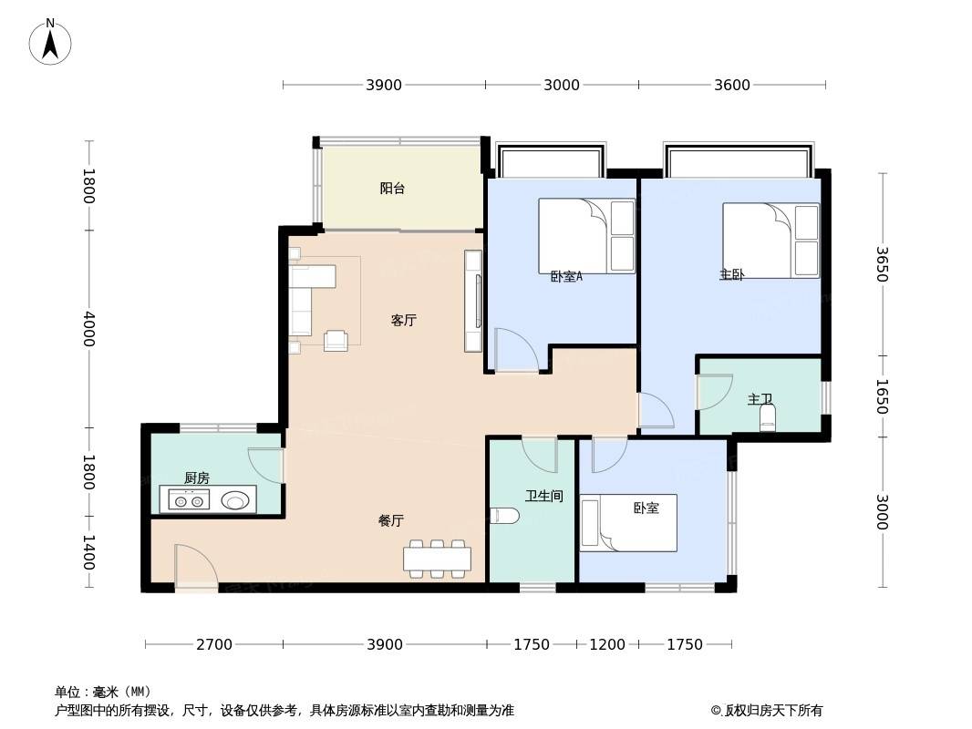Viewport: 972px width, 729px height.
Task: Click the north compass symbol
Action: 50,42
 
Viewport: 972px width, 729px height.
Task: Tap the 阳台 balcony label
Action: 392,189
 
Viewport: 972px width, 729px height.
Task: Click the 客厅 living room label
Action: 404,320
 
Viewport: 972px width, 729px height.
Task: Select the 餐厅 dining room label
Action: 391,521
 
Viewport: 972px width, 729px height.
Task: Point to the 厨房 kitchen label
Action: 197,478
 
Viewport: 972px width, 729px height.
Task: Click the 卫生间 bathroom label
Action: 544,496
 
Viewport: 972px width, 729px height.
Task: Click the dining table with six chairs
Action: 437,559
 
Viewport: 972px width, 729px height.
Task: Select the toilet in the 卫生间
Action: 504,516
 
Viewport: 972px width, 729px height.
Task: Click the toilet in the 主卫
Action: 768,417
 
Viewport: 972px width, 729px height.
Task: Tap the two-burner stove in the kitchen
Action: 189,500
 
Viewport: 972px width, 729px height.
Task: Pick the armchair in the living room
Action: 336,340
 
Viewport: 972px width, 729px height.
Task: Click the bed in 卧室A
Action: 586,236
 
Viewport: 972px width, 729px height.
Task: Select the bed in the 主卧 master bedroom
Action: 770,241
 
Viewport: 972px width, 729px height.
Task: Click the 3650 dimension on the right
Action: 882,264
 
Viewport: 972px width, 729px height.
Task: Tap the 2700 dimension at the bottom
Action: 214,645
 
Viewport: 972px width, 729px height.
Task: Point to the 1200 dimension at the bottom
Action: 607,645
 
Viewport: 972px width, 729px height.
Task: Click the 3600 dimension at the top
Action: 732,85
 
